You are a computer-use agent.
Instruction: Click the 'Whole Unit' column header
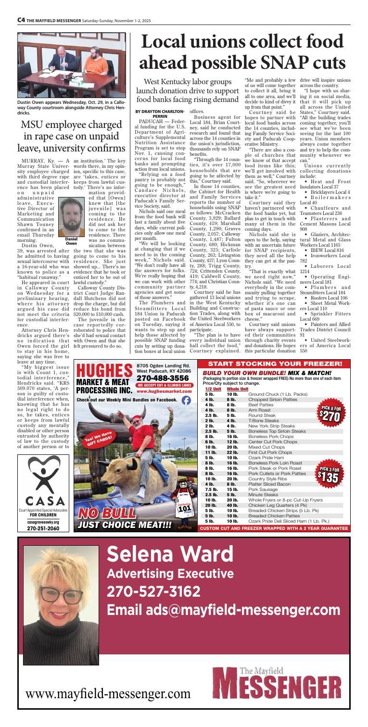[233, 335]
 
